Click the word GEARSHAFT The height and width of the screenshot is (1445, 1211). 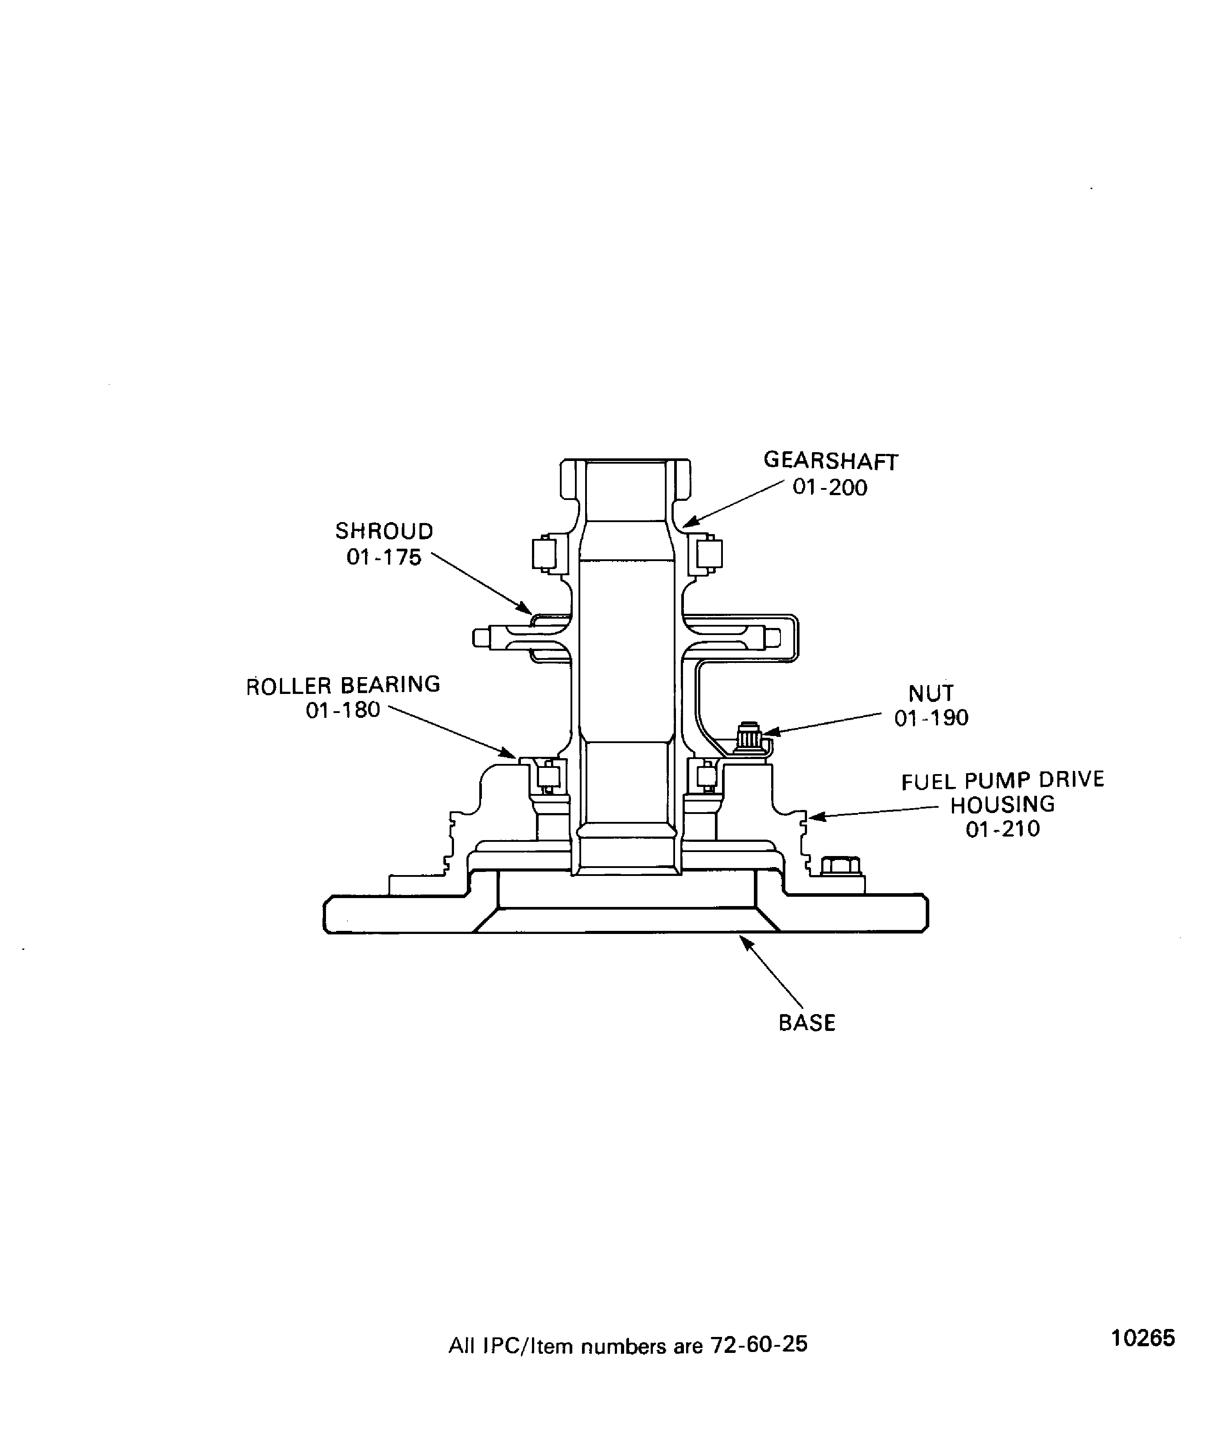coord(831,461)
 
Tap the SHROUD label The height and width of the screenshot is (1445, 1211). coord(384,531)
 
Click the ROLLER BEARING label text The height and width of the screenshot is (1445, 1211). coord(343,686)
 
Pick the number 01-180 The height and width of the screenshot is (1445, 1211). coord(343,710)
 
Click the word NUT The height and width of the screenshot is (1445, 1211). coord(931,693)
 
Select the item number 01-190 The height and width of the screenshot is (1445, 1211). coord(931,718)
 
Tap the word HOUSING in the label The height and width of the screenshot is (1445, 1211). coord(1002,804)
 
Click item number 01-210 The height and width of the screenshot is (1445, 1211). coord(1002,829)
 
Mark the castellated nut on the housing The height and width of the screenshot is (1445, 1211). coord(749,738)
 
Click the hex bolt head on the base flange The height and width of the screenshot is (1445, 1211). coord(841,866)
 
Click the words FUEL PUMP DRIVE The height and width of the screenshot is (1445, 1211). coord(1002,780)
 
